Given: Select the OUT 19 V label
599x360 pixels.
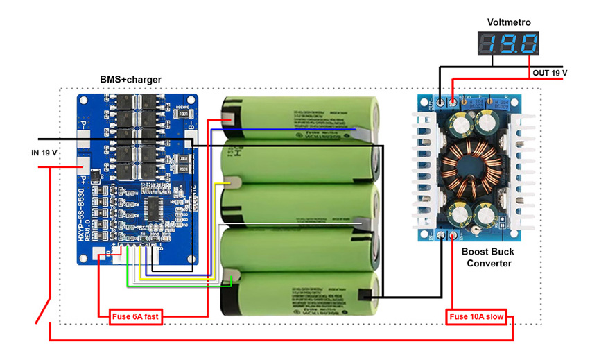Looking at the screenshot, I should [x=550, y=73].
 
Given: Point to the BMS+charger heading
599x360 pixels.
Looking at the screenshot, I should [x=131, y=80].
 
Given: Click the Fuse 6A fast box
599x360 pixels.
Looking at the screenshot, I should [x=135, y=318].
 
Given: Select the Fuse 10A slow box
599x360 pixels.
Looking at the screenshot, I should [x=476, y=318].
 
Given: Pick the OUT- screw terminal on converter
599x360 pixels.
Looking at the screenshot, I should [x=440, y=103].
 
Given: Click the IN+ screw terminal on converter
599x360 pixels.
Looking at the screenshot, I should [x=454, y=237].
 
